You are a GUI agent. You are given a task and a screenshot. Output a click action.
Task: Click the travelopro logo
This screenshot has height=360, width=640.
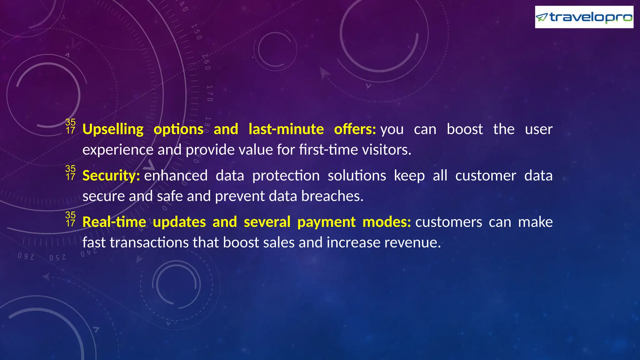(x=584, y=17)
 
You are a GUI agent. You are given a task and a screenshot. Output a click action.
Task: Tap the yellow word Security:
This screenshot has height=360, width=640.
(x=111, y=176)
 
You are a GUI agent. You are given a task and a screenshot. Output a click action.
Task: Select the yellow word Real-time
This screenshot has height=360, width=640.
(x=114, y=222)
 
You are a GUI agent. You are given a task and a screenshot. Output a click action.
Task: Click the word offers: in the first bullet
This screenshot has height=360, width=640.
(x=355, y=129)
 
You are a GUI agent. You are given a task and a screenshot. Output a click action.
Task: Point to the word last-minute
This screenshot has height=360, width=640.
(x=286, y=129)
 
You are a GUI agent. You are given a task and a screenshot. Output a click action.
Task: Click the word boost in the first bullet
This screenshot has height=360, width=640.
(x=465, y=129)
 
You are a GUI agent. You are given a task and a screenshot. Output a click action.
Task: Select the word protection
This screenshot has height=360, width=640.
(x=286, y=176)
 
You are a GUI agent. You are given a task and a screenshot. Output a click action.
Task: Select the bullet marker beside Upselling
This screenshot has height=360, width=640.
(x=70, y=126)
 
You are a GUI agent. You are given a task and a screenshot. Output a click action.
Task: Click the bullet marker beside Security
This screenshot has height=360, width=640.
(x=70, y=173)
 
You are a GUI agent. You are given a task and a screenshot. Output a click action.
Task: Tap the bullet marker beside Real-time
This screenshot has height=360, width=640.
(x=70, y=219)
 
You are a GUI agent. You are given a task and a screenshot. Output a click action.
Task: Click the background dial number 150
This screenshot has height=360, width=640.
(x=197, y=32)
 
